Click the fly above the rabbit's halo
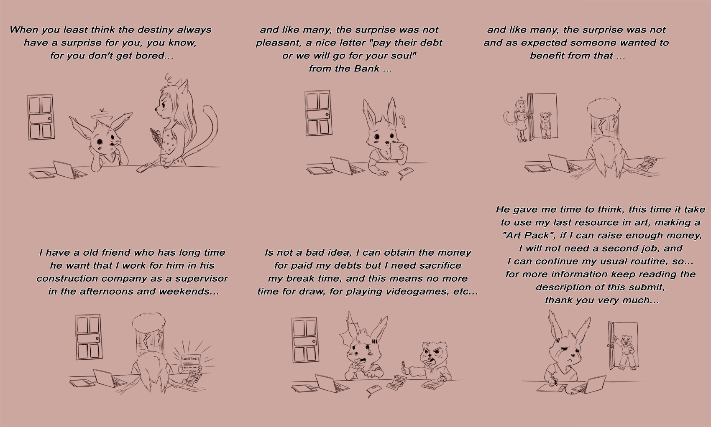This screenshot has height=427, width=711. pos(102,111)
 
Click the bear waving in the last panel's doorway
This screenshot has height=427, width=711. pos(625,351)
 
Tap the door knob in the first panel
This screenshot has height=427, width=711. pos(50,119)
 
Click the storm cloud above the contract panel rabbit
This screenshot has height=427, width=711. pos(149,322)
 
